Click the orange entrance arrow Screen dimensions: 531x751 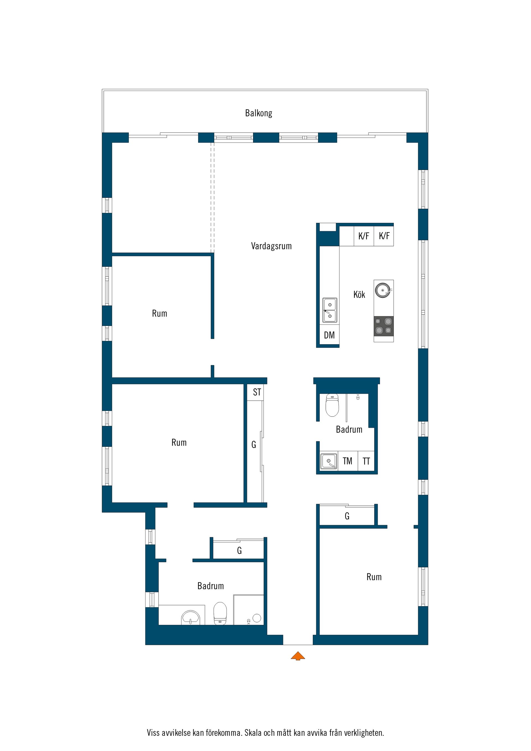pyautogui.click(x=298, y=656)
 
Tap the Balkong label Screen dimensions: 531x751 pyautogui.click(x=259, y=113)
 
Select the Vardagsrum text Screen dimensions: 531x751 pyautogui.click(x=271, y=246)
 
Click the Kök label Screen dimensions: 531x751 pyautogui.click(x=359, y=294)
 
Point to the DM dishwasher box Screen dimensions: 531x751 pyautogui.click(x=329, y=335)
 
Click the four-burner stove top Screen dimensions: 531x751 pyautogui.click(x=384, y=326)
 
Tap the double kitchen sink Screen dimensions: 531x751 pyautogui.click(x=330, y=310)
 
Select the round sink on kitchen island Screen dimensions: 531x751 pyautogui.click(x=383, y=290)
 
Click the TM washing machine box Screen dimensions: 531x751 pyautogui.click(x=347, y=461)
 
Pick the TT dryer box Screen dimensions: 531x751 pyautogui.click(x=366, y=461)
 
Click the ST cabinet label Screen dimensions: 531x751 pyautogui.click(x=257, y=392)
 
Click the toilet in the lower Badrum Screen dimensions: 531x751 pyautogui.click(x=220, y=613)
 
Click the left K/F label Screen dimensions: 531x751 pyautogui.click(x=364, y=236)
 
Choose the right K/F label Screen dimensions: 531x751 pyautogui.click(x=384, y=236)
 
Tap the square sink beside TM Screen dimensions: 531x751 pyautogui.click(x=329, y=461)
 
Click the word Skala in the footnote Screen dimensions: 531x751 pyautogui.click(x=254, y=733)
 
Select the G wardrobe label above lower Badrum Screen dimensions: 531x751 pyautogui.click(x=240, y=551)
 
